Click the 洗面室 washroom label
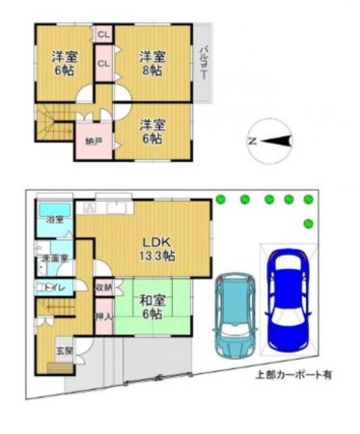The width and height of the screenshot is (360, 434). (53, 258)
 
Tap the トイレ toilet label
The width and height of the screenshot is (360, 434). (52, 287)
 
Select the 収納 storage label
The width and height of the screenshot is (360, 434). (104, 286)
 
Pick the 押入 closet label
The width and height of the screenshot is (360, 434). (104, 314)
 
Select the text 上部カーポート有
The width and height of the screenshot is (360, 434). (292, 373)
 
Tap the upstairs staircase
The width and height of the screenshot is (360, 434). (55, 125)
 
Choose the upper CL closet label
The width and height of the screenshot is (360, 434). (102, 35)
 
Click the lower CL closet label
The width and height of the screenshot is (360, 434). (102, 64)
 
